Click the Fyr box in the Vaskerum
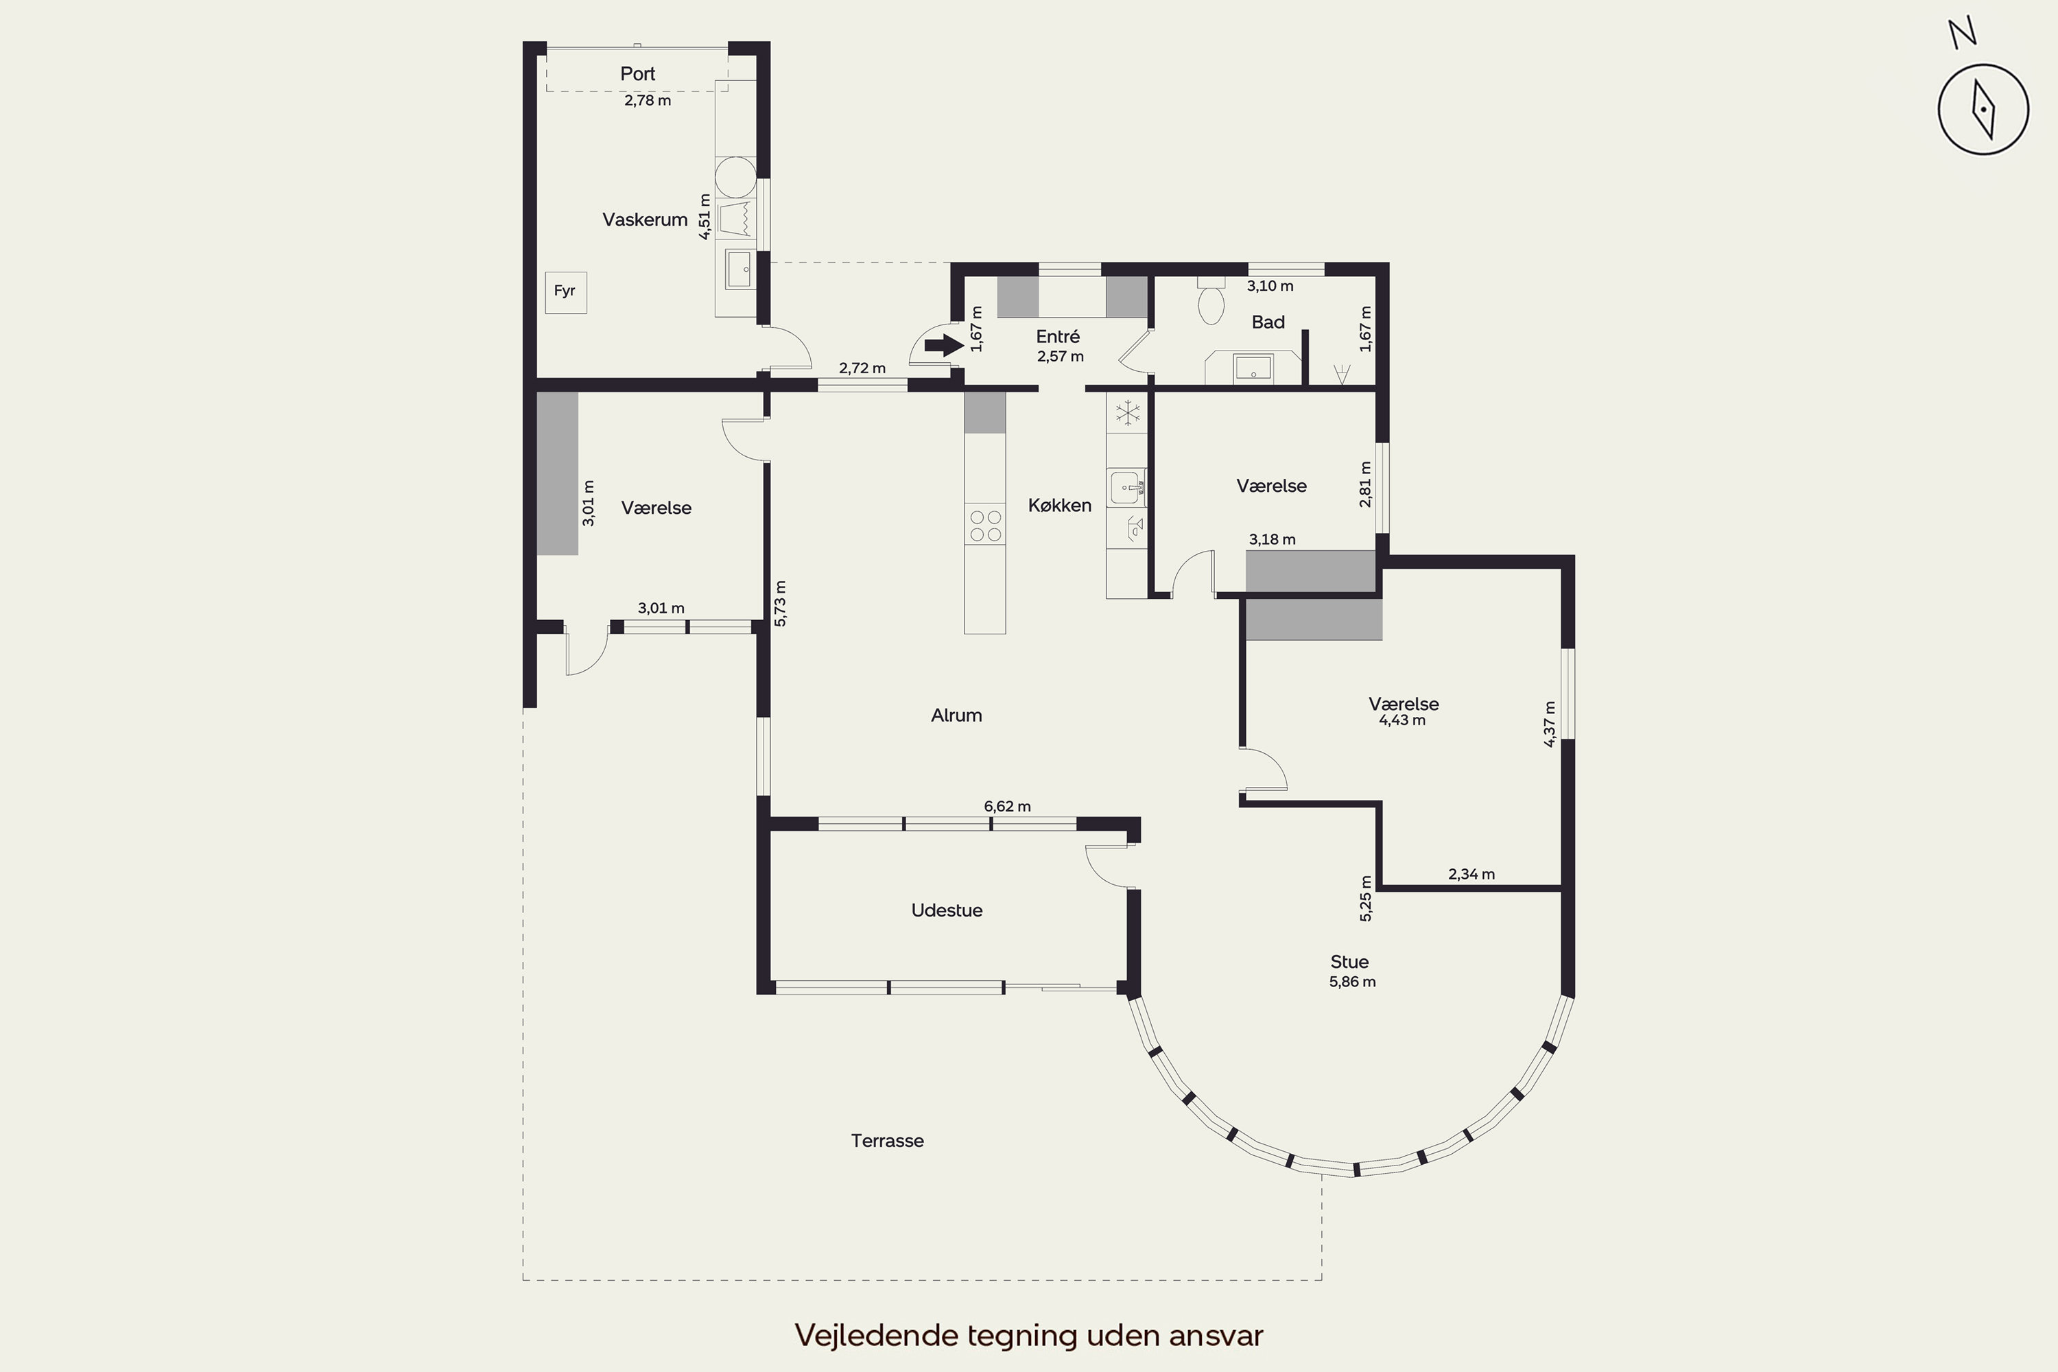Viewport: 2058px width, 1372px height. pos(565,292)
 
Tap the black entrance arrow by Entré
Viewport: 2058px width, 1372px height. pos(944,346)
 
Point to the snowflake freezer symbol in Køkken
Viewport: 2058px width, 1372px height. pos(1127,412)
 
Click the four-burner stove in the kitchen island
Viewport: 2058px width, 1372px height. pos(985,525)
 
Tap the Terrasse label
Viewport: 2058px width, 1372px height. pos(887,1141)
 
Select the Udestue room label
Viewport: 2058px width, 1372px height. pos(947,910)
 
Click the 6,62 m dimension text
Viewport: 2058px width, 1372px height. pos(1007,806)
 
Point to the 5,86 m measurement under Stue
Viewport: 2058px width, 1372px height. pos(1352,982)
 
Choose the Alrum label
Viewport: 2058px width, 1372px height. pos(956,715)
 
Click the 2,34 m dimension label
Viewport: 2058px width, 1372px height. pos(1471,874)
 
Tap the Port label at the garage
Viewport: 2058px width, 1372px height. pos(638,73)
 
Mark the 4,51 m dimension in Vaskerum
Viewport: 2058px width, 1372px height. pos(705,217)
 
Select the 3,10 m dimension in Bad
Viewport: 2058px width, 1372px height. pos(1270,286)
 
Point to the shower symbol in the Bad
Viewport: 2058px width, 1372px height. pos(1340,375)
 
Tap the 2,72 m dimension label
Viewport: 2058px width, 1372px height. pos(862,368)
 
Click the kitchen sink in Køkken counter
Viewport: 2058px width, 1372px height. pos(1126,487)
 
